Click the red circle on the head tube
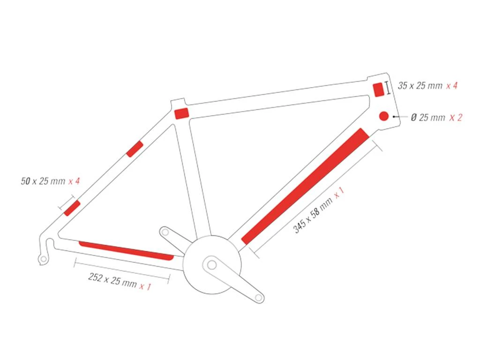point(383,116)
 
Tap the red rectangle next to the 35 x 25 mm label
point(378,90)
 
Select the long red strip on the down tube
point(305,186)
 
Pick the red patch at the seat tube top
point(181,113)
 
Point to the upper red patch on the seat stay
point(135,149)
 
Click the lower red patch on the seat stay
point(72,208)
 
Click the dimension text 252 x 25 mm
point(112,280)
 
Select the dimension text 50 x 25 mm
point(43,181)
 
